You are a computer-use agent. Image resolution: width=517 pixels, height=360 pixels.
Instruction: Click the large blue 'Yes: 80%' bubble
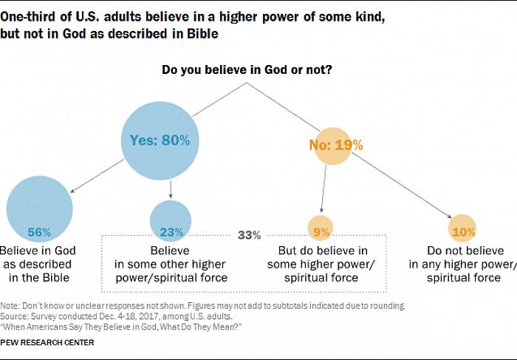(x=160, y=140)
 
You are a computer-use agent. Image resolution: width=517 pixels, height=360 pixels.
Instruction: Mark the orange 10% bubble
(x=463, y=230)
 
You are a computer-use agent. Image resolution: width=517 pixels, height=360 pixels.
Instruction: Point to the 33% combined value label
(x=249, y=235)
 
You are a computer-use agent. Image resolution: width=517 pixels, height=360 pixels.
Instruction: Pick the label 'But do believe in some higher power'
(x=323, y=264)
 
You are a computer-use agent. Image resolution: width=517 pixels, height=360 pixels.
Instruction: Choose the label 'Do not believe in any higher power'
(x=463, y=264)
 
